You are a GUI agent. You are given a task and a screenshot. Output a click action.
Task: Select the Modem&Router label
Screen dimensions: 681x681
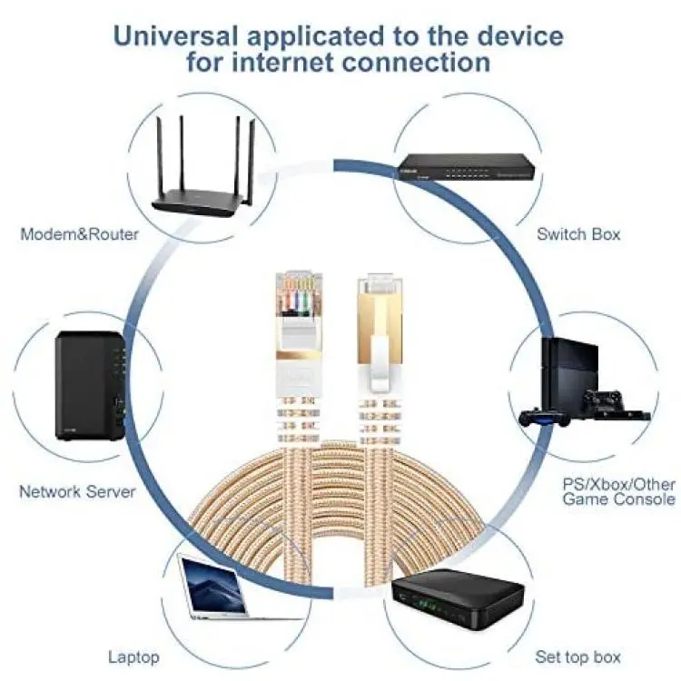click(x=80, y=234)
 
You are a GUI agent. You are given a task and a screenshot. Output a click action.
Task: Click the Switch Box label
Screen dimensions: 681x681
click(x=578, y=234)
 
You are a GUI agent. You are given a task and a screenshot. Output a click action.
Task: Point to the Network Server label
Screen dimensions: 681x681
click(x=77, y=491)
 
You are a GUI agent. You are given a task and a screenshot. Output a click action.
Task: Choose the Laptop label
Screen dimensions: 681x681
click(x=133, y=657)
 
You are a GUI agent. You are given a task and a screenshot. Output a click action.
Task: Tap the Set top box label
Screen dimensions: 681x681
click(x=578, y=657)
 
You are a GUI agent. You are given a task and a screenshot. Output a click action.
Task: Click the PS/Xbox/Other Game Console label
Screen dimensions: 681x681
click(x=619, y=491)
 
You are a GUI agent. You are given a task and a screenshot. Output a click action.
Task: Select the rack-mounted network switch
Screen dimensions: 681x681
click(x=468, y=167)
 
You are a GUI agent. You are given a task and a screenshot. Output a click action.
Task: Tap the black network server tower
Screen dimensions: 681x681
click(x=91, y=386)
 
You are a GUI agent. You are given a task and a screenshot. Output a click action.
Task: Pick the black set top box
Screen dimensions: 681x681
click(x=458, y=598)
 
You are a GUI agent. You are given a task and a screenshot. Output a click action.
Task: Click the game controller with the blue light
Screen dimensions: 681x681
click(x=544, y=418)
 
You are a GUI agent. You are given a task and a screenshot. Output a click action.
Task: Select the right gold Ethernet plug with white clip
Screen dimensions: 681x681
click(x=380, y=332)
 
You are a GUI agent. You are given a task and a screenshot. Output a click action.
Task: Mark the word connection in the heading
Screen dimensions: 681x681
click(x=417, y=62)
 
